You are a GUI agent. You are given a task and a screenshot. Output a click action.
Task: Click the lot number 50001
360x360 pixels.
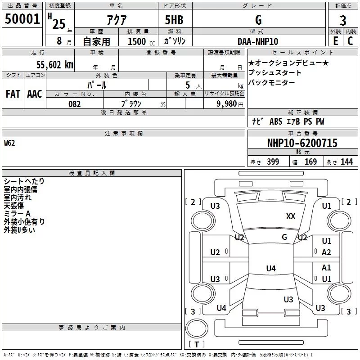(22, 19)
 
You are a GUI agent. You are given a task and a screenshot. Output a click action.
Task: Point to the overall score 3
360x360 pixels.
(343, 20)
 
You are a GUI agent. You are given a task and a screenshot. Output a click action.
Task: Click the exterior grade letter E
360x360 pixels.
(335, 40)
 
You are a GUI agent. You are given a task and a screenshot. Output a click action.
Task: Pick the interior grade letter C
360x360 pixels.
(350, 40)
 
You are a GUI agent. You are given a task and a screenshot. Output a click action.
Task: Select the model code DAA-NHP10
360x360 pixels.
(258, 41)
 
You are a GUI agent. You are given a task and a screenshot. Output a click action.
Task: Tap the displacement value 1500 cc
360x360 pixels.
(140, 41)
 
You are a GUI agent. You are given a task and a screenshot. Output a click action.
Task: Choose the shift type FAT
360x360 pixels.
(13, 94)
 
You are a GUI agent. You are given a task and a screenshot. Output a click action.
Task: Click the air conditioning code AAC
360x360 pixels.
(34, 94)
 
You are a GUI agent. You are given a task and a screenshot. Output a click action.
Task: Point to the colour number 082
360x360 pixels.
(74, 104)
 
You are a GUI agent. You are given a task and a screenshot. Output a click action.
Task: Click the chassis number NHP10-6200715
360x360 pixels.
(302, 143)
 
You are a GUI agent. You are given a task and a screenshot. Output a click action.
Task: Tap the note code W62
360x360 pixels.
(9, 143)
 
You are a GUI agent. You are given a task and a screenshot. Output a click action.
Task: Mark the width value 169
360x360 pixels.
(310, 162)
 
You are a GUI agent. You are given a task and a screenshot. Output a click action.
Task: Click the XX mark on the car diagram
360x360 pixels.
(291, 216)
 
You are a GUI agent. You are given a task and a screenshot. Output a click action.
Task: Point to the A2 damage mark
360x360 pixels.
(327, 252)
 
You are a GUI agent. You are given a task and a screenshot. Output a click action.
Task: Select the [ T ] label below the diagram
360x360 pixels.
(196, 345)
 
